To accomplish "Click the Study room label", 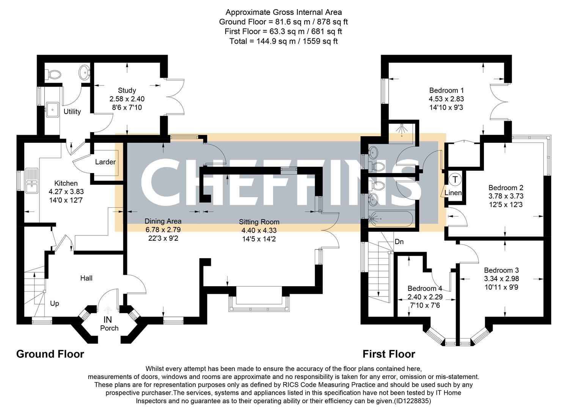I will click(127, 90).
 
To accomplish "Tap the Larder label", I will click(105, 162).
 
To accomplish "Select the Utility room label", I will click(72, 112).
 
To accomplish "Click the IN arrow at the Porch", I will click(108, 311).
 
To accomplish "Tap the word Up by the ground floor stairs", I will click(55, 304).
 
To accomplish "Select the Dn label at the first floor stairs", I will click(399, 241).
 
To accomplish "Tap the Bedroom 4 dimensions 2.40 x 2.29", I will click(425, 297).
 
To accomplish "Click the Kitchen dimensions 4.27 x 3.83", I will click(66, 192).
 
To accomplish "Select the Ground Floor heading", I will click(50, 354).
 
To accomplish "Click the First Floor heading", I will click(389, 354).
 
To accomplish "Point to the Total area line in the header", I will click(283, 41).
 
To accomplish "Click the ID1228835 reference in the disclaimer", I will click(412, 401).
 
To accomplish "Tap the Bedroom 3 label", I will click(501, 270).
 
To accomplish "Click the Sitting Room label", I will click(259, 222).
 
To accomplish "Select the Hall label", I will click(86, 278).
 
